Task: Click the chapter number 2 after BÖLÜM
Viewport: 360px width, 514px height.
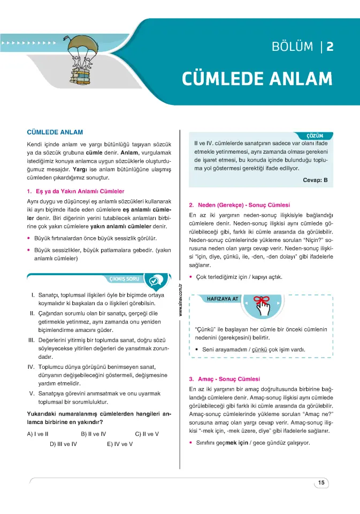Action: click(330, 47)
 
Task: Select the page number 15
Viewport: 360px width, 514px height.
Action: click(321, 483)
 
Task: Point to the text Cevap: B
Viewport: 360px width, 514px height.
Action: click(315, 180)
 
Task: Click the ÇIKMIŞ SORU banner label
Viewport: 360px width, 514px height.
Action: click(124, 279)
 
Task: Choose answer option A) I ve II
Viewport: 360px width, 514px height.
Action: click(38, 434)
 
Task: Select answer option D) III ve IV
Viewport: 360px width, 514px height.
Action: click(64, 444)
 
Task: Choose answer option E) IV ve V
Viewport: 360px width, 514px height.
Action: click(119, 444)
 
